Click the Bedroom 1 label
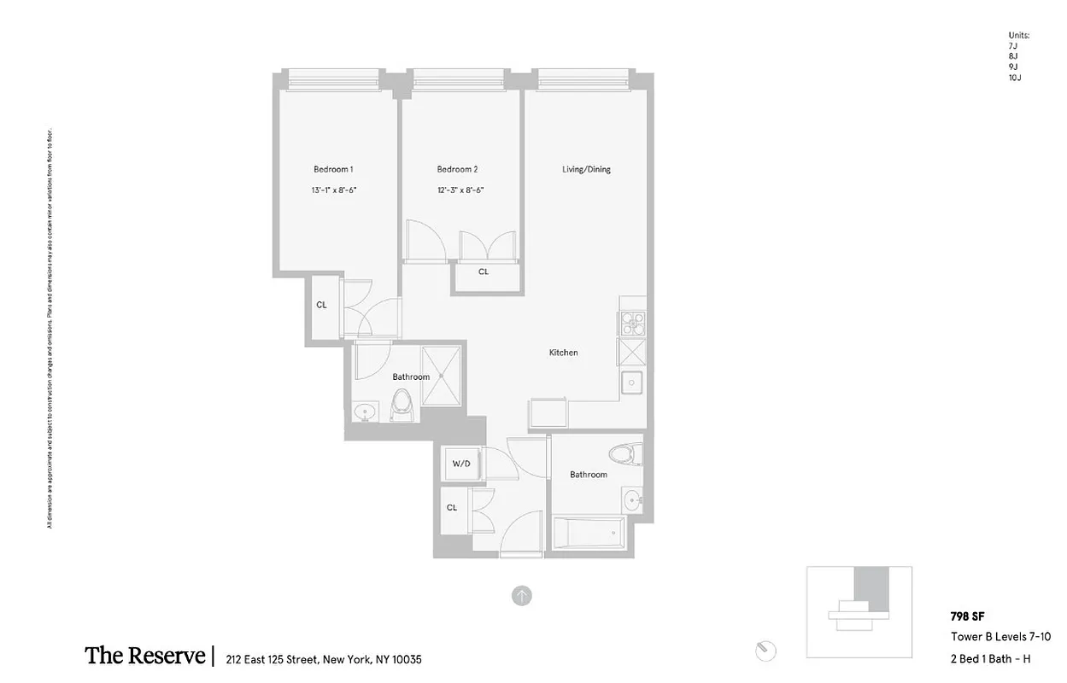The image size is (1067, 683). coord(333,169)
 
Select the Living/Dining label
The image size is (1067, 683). coord(586,169)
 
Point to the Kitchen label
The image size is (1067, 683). coord(563,353)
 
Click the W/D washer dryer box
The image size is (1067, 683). coord(461,464)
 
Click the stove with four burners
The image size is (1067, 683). coord(632,324)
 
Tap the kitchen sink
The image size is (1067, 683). coord(632,383)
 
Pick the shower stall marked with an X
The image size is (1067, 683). coord(443,375)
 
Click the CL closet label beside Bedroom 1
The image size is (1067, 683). coord(322,305)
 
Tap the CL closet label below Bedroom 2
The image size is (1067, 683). coord(484,271)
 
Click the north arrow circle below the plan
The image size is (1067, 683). coord(521,596)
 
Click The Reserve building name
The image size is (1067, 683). coord(144,657)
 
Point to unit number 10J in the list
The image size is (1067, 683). coord(1015,78)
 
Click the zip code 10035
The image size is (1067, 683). coord(406,659)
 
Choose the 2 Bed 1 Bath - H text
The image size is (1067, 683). coord(990,658)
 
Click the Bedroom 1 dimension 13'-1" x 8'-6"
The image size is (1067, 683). coord(333,190)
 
